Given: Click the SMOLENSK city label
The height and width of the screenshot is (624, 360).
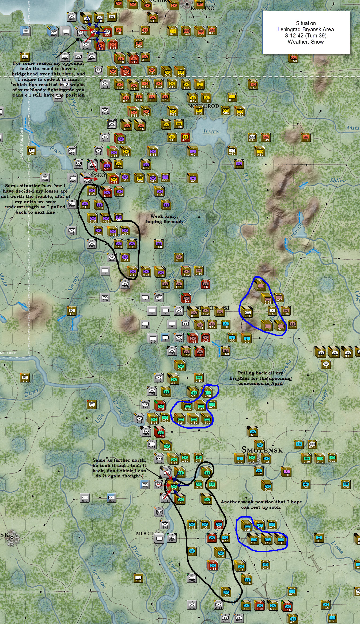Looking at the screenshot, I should [x=262, y=450].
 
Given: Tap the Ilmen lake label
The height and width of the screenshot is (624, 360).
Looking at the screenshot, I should [x=211, y=131].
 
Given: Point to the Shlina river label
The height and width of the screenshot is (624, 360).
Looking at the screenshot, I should [x=338, y=180].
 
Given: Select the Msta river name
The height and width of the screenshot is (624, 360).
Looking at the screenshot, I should [x=353, y=128].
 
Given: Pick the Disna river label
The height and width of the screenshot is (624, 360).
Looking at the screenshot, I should [x=31, y=393].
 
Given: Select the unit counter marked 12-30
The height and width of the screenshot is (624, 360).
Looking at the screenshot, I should [x=261, y=286].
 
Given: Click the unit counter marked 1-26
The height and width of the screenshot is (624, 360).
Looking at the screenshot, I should [x=247, y=527].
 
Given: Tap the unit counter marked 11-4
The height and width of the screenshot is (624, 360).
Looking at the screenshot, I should [x=247, y=580].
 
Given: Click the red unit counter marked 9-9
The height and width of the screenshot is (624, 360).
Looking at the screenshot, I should [x=186, y=299].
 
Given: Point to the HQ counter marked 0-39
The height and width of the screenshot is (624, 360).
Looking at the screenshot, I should [x=306, y=458].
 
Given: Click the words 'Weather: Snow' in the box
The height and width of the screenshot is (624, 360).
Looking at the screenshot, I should [x=306, y=42].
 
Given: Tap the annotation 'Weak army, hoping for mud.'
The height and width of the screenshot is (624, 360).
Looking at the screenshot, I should [x=164, y=219].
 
